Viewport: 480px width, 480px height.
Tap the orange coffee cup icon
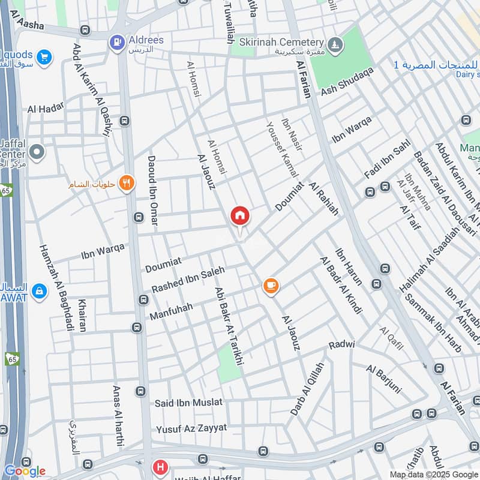tap(271, 286)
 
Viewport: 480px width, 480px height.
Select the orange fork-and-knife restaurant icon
tap(126, 183)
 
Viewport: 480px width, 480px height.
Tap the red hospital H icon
tap(160, 466)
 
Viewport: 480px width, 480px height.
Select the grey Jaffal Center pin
tap(37, 152)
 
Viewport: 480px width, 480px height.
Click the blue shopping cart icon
tap(43, 58)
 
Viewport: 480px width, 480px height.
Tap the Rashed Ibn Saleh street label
tap(187, 280)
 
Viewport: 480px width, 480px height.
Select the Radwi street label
tap(342, 346)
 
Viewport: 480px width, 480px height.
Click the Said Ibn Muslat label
tap(188, 402)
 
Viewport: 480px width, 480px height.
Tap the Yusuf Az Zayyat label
tap(191, 428)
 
